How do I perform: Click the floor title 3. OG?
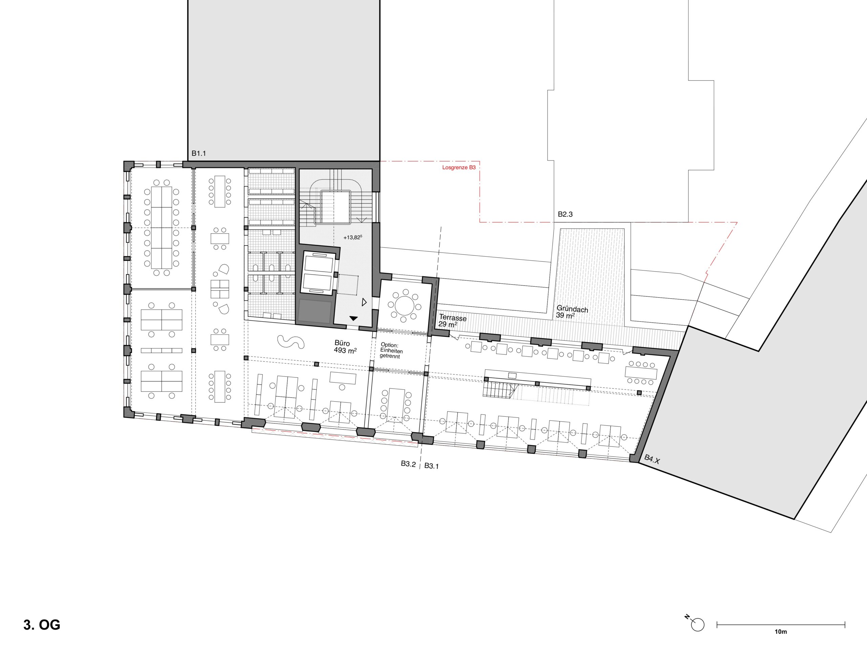42,625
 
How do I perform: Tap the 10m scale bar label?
781,632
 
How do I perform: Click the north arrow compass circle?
698,625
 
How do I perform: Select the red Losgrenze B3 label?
459,167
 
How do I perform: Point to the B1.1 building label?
199,154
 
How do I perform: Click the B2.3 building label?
565,214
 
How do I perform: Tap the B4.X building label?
652,459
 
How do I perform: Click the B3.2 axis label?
408,464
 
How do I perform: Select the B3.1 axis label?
431,466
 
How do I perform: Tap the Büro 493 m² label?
345,347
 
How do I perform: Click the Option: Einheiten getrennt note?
391,351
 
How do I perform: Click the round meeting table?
404,306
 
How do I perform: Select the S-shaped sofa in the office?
291,342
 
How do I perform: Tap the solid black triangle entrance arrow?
354,319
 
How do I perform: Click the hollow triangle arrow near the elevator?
364,302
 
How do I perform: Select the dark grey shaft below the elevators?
314,312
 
